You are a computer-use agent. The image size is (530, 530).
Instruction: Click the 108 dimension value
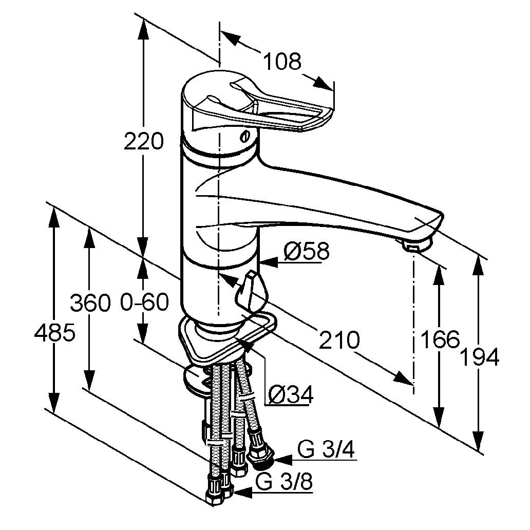coord(282,62)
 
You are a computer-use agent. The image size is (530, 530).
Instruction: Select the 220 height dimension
coord(144,142)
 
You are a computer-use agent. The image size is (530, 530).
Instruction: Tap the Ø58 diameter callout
coord(307,252)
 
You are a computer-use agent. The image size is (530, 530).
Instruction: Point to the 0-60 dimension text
coord(145,302)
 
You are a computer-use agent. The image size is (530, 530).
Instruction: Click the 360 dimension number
coord(90,302)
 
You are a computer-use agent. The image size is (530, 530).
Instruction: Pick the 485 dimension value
coord(55,334)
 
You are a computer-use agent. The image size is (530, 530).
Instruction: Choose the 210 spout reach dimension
coord(338,339)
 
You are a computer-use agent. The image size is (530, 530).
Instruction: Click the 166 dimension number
coord(439,339)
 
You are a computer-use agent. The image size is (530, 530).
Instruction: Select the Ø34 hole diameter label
coord(291,394)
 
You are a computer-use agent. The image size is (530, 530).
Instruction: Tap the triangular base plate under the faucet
coord(226,342)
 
